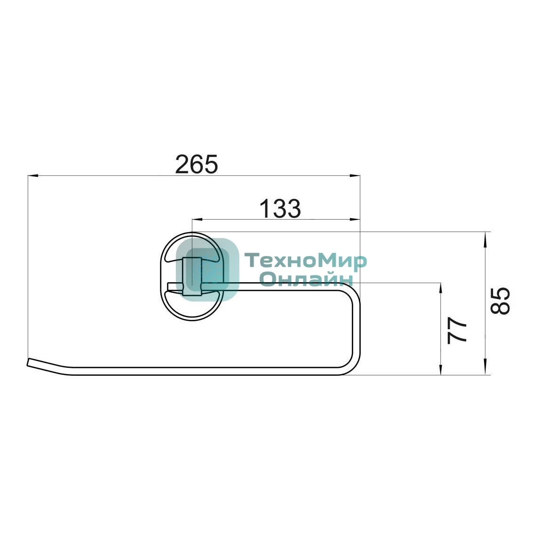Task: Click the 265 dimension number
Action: coord(197,164)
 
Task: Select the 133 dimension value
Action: coord(280,208)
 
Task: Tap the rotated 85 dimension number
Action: coord(500,300)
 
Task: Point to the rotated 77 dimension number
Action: coord(457,330)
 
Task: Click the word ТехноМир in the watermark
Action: coord(305,262)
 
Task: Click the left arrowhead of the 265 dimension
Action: coord(33,176)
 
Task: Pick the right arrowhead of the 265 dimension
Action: coord(355,176)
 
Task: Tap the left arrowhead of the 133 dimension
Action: coord(197,219)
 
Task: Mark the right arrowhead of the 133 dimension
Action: coord(355,219)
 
